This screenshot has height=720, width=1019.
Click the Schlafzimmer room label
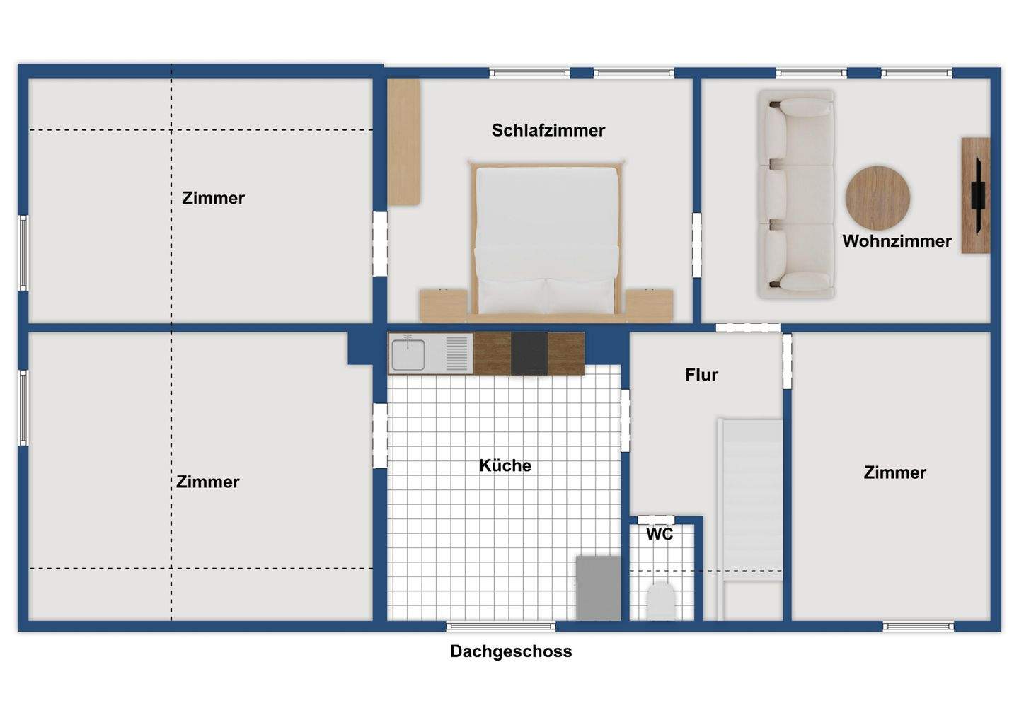coord(548,130)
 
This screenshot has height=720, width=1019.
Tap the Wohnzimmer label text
coord(897,241)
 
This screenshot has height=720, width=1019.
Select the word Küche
coord(505,465)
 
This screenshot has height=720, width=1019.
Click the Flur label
coord(701,375)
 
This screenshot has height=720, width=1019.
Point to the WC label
coord(660,534)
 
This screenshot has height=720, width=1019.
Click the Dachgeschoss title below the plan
coord(510,651)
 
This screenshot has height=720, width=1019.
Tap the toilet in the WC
coord(661,601)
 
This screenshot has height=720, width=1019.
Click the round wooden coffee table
coord(877,198)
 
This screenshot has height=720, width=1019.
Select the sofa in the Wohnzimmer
coord(796,194)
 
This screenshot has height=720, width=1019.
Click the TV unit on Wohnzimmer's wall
coord(976,195)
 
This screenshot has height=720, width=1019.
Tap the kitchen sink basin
coord(408,354)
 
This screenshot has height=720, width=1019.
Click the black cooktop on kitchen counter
coord(529,354)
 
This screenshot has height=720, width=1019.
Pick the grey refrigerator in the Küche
coord(598,588)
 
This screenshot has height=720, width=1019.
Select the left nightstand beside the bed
coord(443,306)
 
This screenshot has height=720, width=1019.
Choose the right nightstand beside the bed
coord(649,306)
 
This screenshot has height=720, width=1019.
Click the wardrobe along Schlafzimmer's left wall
coord(404,142)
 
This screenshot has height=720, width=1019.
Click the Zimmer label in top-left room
coord(213,198)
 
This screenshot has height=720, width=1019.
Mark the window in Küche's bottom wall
coord(501,626)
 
